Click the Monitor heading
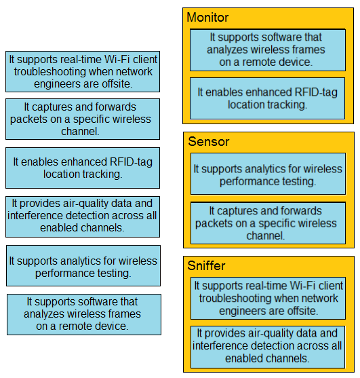[x=207, y=18]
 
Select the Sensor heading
[x=209, y=141]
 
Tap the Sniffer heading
[x=206, y=265]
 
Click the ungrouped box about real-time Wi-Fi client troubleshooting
[x=83, y=71]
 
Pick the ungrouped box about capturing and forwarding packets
[x=83, y=119]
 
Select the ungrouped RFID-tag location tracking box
[x=83, y=168]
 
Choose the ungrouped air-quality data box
[x=83, y=216]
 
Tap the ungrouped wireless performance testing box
[x=83, y=265]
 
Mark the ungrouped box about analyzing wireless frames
[x=84, y=314]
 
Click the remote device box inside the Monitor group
[x=268, y=50]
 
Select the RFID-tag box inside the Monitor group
[x=268, y=98]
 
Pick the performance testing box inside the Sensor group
[x=268, y=174]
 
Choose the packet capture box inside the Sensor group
[x=268, y=223]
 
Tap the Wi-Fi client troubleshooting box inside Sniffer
[x=268, y=298]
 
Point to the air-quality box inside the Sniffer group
[x=268, y=347]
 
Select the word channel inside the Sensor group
[x=265, y=235]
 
